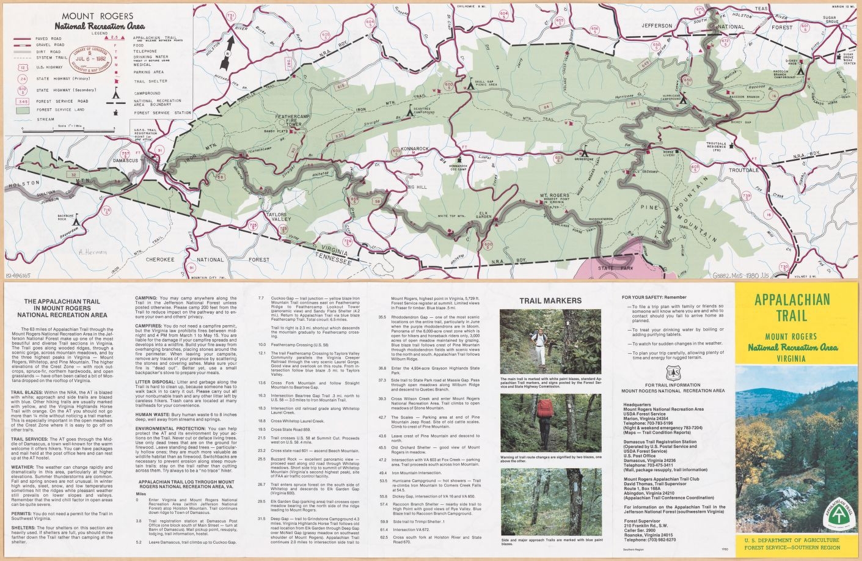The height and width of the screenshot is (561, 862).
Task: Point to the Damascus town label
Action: coord(126,161)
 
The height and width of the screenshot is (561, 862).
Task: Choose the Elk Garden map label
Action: coord(483,214)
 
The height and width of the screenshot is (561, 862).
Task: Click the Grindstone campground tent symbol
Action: coord(585,150)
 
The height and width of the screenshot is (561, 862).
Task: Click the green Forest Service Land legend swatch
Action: coord(23,111)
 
